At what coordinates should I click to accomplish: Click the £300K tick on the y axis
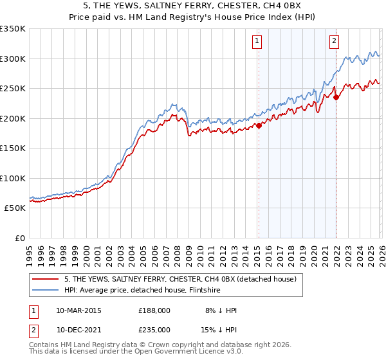point(13,59)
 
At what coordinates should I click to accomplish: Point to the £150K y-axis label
point(13,148)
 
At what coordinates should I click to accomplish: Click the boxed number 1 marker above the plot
point(257,41)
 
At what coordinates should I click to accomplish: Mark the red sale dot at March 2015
point(259,126)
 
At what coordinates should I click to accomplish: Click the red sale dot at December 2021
point(336,98)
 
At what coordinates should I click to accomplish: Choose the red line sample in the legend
point(46,279)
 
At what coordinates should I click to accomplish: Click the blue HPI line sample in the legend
point(46,290)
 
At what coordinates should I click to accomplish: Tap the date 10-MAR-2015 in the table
point(78,310)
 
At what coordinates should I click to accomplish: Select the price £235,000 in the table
point(154,329)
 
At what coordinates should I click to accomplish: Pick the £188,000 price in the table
point(154,310)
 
